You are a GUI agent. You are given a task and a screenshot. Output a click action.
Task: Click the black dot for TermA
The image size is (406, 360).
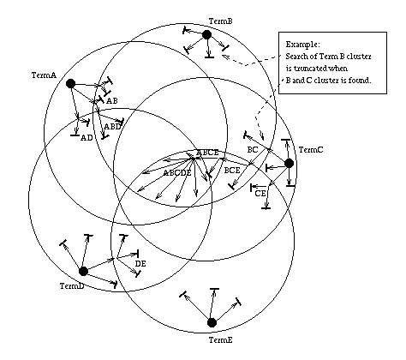70,84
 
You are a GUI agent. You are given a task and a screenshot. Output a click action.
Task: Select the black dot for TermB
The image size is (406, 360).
206,35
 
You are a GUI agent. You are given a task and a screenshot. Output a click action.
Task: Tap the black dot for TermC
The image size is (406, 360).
289,164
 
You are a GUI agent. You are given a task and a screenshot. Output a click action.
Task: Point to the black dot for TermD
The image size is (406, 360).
83,271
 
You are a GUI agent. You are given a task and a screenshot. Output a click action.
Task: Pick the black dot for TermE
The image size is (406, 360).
212,322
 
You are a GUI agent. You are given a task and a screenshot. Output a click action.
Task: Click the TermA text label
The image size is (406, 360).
44,75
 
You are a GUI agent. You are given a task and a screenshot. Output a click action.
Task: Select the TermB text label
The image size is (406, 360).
221,21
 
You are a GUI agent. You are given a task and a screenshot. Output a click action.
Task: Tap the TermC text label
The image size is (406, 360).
311,150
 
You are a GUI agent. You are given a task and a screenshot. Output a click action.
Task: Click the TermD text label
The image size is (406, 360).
72,286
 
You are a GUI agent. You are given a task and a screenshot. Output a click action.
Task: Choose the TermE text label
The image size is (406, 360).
221,340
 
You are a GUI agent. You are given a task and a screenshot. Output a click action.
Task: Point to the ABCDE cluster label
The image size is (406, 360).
177,173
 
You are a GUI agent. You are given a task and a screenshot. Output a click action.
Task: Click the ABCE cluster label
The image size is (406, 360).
207,153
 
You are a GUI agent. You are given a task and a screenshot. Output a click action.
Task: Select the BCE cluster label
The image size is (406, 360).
232,171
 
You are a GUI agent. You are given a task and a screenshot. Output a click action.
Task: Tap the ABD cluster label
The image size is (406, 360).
113,127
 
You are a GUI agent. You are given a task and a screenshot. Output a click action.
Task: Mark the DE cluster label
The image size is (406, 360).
140,264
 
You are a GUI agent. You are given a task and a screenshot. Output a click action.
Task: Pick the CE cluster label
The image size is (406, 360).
260,194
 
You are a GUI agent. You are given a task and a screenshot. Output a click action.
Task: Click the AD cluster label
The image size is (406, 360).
87,138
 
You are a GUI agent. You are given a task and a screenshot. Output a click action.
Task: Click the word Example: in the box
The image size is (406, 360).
303,45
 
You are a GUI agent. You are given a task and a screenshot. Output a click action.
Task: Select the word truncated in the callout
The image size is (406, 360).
310,69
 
